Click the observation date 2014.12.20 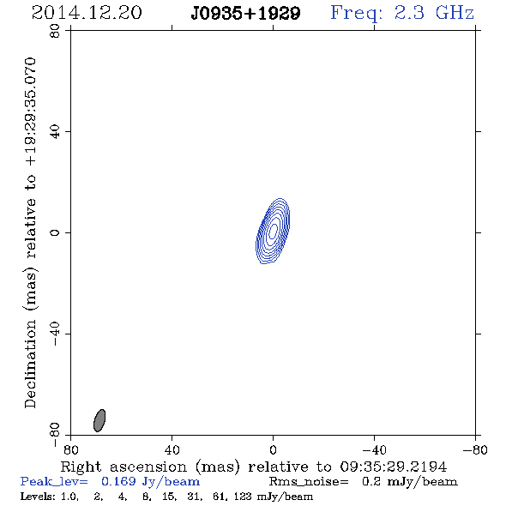[87, 13]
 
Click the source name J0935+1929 [245, 14]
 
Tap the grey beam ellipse [99, 420]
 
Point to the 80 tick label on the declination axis [55, 31]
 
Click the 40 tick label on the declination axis [55, 132]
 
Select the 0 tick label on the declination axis [55, 232]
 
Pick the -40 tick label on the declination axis [55, 334]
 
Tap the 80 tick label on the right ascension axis [70, 450]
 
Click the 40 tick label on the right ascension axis [172, 450]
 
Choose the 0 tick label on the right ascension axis [273, 450]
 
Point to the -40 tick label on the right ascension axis [374, 450]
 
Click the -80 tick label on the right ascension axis [475, 450]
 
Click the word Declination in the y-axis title [30, 364]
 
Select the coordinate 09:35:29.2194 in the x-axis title [394, 467]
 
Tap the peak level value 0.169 [118, 481]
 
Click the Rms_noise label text [309, 482]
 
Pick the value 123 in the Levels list [243, 496]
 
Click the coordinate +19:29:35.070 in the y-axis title [30, 112]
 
